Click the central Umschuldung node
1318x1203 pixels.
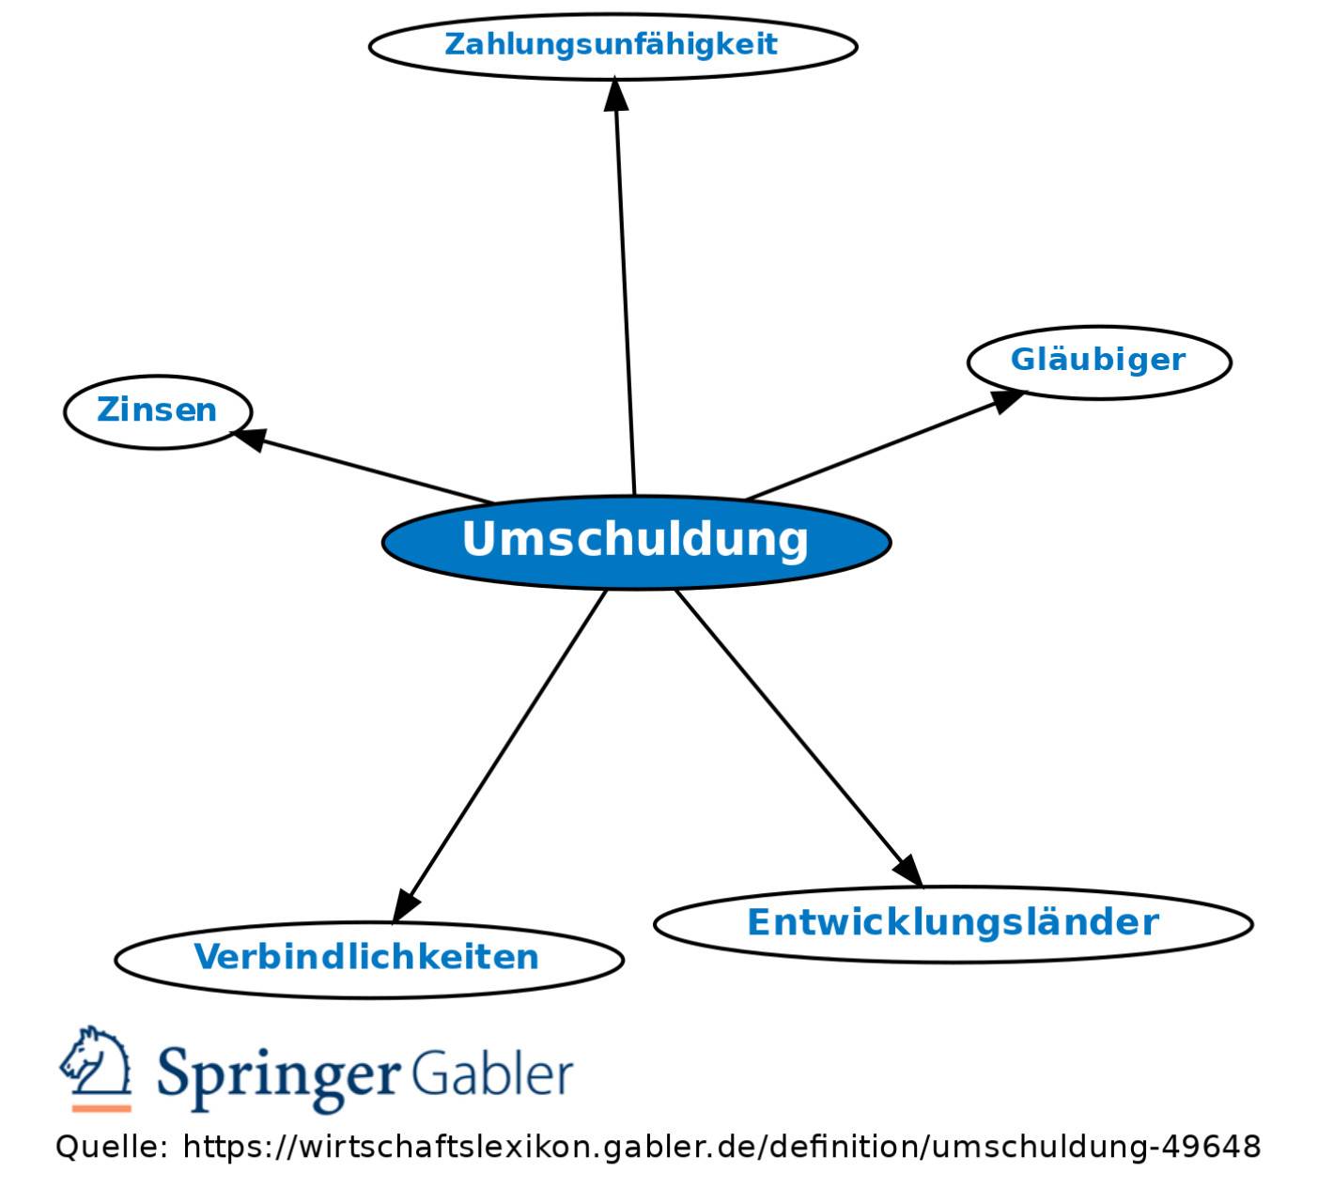coord(636,542)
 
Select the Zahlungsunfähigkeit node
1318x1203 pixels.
coord(613,47)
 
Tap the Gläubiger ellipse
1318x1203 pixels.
coord(1099,362)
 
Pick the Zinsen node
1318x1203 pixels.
coord(158,412)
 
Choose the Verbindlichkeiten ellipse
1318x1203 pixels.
coord(368,960)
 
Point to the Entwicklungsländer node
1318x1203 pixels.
coord(954,924)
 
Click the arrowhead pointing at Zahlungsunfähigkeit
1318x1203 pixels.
coord(615,94)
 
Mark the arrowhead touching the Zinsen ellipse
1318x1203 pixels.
coord(250,439)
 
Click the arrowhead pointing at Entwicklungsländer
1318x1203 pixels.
coord(909,871)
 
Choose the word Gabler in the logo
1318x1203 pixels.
coord(493,1072)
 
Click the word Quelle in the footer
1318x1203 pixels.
coord(113,1147)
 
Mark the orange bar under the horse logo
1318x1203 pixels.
coord(101,1108)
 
